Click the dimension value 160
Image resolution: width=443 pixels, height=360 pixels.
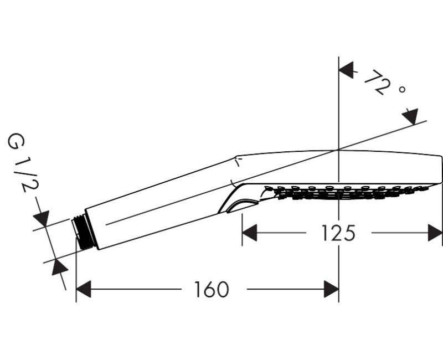(x=211, y=289)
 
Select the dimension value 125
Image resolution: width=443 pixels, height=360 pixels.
(x=338, y=233)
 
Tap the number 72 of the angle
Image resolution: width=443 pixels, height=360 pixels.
(x=375, y=83)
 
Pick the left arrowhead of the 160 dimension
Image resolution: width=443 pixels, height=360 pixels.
(x=83, y=289)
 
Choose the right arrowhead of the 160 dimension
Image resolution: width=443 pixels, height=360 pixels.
(x=331, y=289)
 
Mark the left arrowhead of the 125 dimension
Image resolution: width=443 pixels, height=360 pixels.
(x=250, y=233)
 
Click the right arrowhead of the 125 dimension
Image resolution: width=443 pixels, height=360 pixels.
(x=435, y=233)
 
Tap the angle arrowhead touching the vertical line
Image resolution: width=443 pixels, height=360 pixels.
(x=346, y=70)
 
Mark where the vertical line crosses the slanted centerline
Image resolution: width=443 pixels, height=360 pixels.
(x=338, y=150)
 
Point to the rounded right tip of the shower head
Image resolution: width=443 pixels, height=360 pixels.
(x=440, y=172)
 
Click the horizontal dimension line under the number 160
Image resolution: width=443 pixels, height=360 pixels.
(x=138, y=289)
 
